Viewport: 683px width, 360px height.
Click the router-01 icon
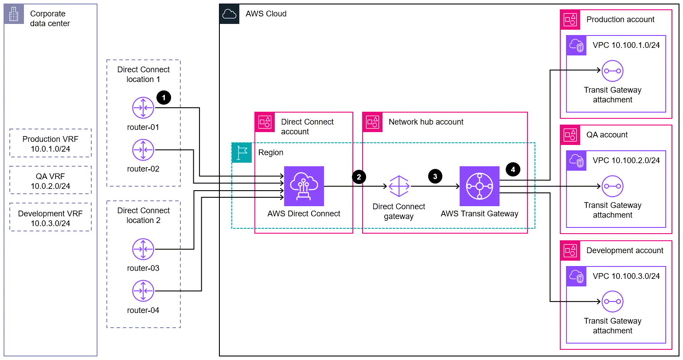[x=143, y=108]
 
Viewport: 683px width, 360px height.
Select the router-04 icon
[x=143, y=291]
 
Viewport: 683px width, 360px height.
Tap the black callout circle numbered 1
[x=164, y=97]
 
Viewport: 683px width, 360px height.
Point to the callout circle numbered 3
[x=435, y=176]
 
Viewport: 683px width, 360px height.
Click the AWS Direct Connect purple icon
[x=304, y=186]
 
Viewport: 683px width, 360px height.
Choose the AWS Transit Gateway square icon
[x=479, y=186]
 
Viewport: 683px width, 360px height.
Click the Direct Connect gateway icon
[x=399, y=186]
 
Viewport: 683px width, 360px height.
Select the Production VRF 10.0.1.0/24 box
[x=50, y=144]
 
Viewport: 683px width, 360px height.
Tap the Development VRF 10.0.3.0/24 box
[x=50, y=218]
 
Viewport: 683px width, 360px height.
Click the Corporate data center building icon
[x=14, y=15]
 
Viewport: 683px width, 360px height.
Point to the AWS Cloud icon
[x=230, y=14]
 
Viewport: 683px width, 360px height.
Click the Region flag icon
[x=242, y=153]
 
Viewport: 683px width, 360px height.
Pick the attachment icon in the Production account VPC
[x=613, y=70]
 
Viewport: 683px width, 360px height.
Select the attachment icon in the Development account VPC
[x=613, y=301]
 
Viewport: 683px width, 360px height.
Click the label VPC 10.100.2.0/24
[x=626, y=160]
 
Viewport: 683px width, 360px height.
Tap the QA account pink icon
[x=570, y=135]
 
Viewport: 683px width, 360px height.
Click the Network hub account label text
[x=426, y=122]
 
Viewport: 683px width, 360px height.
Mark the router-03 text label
[x=143, y=268]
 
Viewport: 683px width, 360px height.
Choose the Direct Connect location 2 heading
[x=143, y=215]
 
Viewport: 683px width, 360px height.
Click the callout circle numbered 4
[x=513, y=169]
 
